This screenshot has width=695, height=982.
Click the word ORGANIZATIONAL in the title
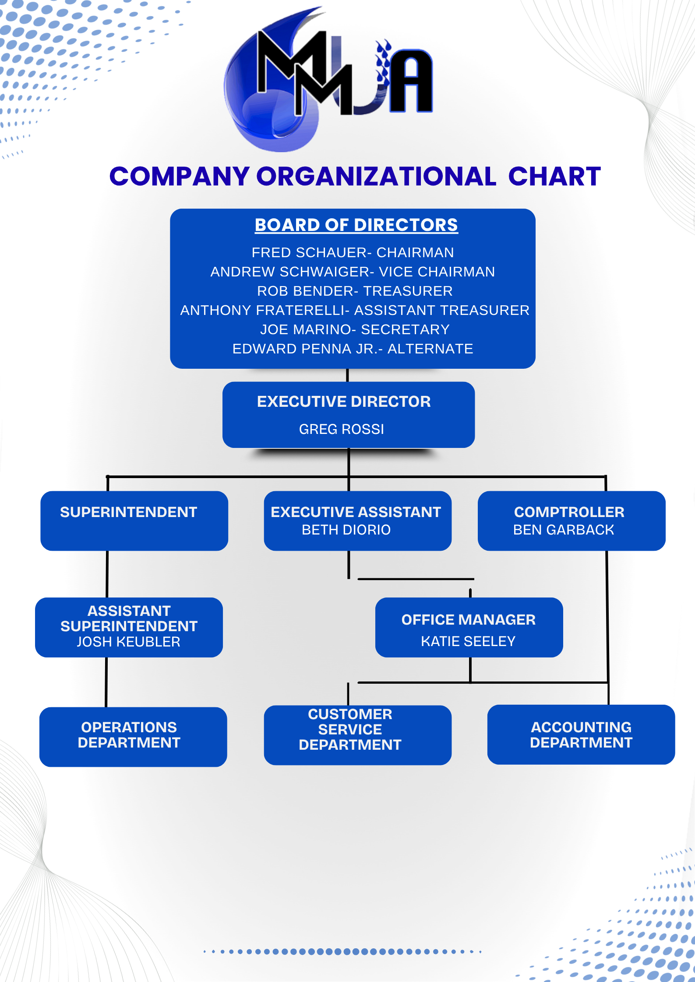pos(376,177)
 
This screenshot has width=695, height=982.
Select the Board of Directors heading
pos(356,225)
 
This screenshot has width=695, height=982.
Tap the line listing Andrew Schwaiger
pos(353,272)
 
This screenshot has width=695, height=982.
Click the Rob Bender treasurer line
pos(355,291)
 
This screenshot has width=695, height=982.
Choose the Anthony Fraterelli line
pos(355,310)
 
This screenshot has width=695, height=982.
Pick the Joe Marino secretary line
pos(355,329)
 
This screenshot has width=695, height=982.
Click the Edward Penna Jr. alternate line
pos(353,349)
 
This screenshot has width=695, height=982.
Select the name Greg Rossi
pos(342,429)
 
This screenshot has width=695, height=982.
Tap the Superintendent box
pos(134,521)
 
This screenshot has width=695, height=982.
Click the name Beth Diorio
pos(346,530)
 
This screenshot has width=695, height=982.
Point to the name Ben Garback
pos(564,530)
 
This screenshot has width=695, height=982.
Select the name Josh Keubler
pos(128,642)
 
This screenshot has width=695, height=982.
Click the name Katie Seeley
pos(468,641)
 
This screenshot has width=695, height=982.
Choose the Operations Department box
pos(133,737)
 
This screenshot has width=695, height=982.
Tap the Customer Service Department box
pos(357,735)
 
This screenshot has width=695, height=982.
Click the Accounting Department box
pos(581,734)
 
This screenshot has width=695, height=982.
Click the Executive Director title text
pos(344,402)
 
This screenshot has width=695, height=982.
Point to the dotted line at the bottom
pos(342,951)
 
